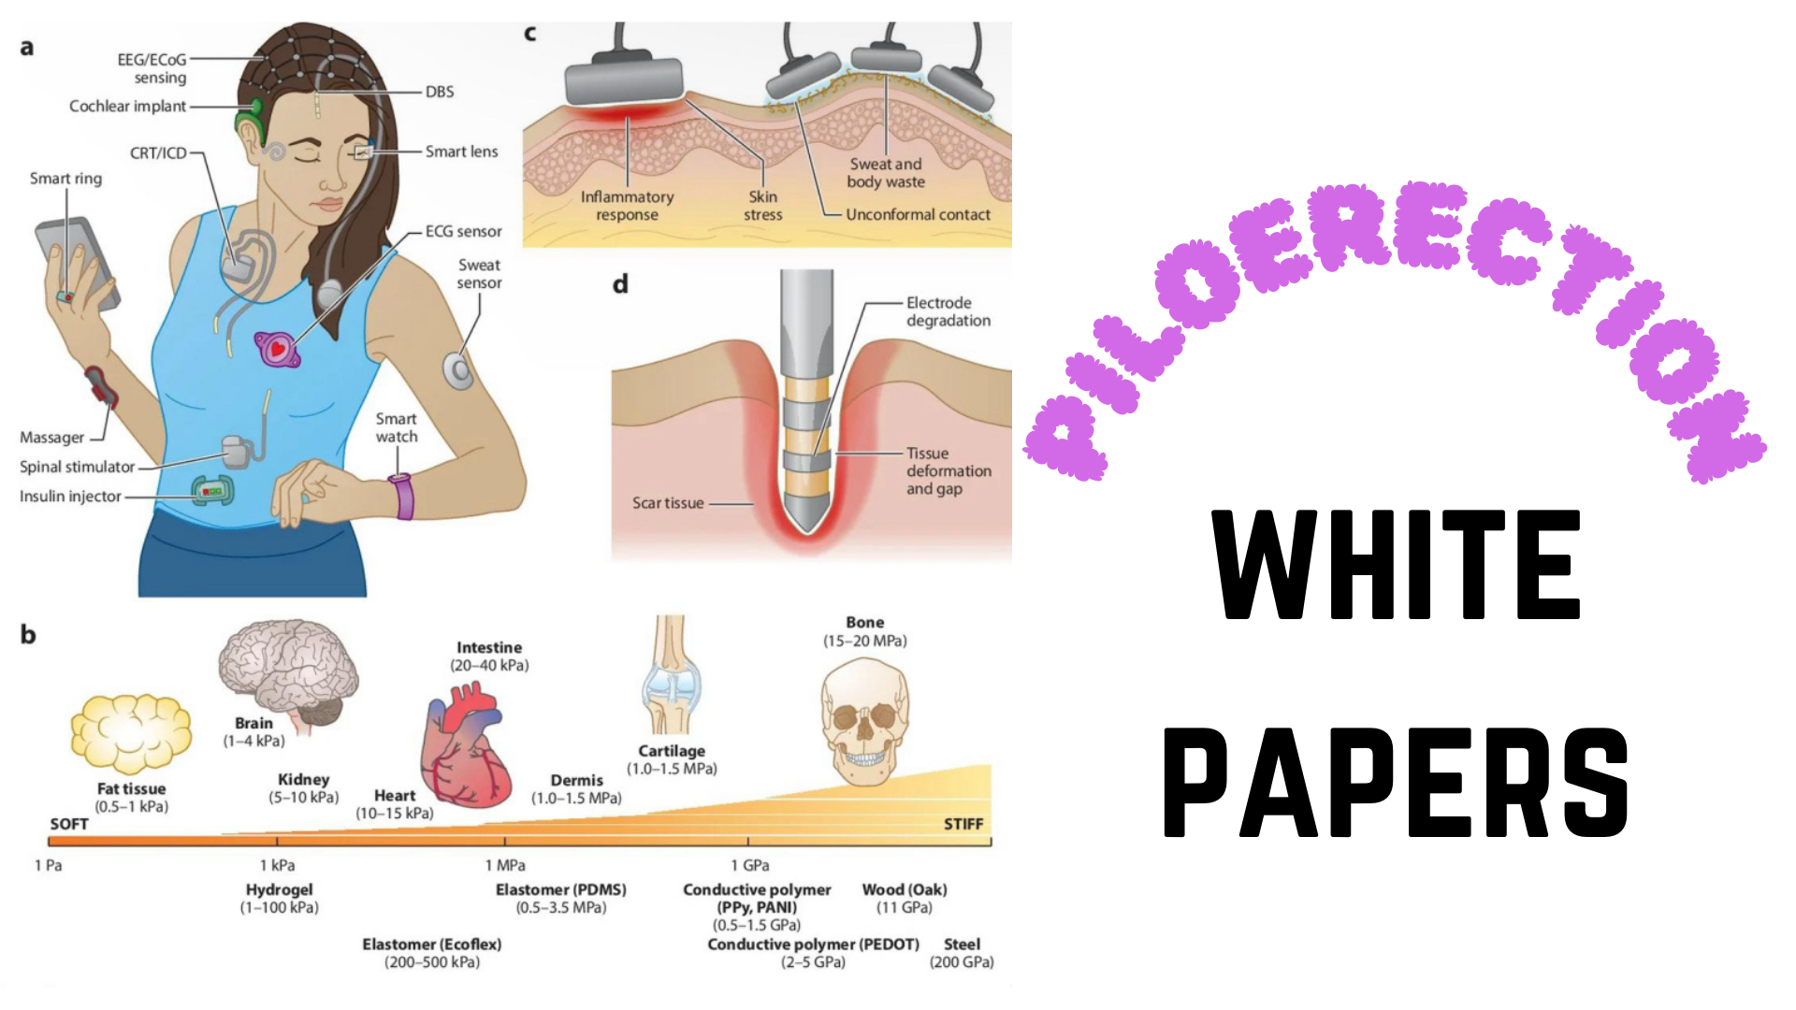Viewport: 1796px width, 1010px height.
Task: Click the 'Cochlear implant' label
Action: click(x=127, y=107)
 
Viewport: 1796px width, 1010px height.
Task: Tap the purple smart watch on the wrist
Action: click(x=403, y=496)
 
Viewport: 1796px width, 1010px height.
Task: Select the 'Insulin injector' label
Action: click(x=70, y=497)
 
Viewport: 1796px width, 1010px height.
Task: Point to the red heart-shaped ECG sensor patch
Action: click(x=277, y=349)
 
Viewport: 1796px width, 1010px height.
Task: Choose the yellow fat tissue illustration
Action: click(x=131, y=733)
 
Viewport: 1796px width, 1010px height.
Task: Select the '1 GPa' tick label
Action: click(x=750, y=866)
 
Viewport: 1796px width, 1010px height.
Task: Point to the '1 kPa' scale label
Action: click(x=277, y=866)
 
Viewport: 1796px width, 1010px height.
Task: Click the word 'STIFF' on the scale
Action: click(x=963, y=824)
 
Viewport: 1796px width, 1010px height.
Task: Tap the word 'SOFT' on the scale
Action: click(x=69, y=824)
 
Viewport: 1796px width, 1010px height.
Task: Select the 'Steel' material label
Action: click(x=962, y=945)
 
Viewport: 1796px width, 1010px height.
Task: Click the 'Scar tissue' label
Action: click(x=668, y=503)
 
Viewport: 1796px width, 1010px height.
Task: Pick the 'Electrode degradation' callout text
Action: click(x=948, y=311)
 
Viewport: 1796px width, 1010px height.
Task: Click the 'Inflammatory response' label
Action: click(x=627, y=206)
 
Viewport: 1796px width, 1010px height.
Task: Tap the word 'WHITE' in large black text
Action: click(x=1396, y=565)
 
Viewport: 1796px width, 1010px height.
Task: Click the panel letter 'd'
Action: click(x=620, y=283)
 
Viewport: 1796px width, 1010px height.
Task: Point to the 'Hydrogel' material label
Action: click(x=279, y=890)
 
